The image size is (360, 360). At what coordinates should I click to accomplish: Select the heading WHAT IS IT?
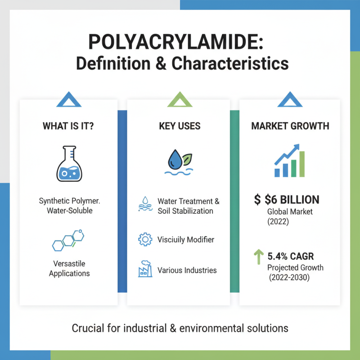[68, 126]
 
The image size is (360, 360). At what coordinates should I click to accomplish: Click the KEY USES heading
[180, 126]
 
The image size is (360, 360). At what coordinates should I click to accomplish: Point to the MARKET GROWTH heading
[290, 126]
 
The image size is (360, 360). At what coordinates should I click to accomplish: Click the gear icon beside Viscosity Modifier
[144, 239]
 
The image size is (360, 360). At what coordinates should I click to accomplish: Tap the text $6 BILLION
[294, 200]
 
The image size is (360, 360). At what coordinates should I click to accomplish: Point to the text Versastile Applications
[69, 268]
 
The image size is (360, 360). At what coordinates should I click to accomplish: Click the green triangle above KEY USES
[180, 100]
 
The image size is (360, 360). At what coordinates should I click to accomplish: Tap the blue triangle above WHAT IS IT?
[69, 100]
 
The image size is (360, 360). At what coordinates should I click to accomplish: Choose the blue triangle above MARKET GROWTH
[290, 100]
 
